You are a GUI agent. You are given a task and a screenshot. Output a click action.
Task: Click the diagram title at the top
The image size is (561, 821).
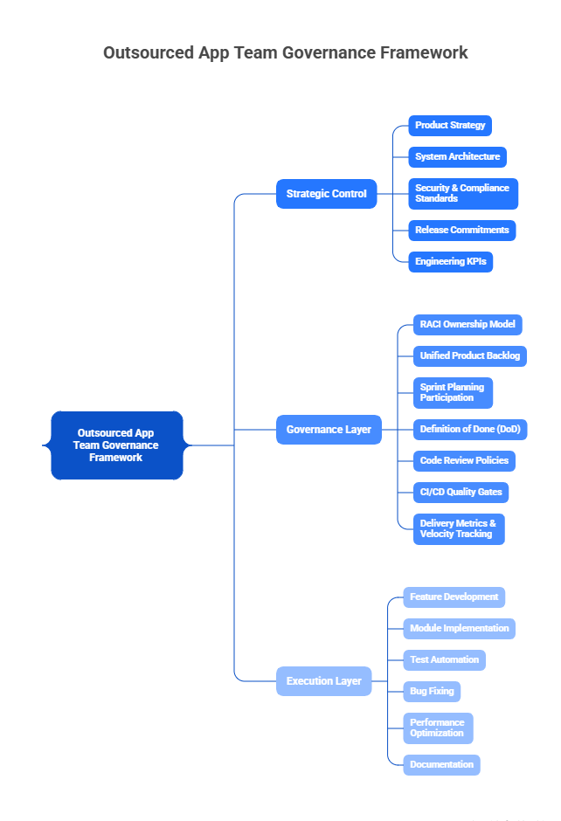coord(285,52)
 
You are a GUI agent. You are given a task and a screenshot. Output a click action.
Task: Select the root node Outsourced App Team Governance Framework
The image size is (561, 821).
coord(117,445)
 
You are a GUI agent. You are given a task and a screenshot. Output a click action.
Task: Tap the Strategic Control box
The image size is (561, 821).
coord(326,194)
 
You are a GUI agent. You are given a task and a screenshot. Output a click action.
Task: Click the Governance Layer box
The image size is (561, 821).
coord(329,430)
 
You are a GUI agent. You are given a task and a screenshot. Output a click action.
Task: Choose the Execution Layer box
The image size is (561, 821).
coord(323,681)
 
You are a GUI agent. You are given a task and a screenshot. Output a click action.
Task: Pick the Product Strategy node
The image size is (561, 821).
coord(450,126)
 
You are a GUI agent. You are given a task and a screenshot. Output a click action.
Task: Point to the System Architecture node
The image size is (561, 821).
coord(457,157)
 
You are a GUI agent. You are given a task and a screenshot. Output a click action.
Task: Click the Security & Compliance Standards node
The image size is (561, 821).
coord(463,194)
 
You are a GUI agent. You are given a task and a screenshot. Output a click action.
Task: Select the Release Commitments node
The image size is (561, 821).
coord(461,231)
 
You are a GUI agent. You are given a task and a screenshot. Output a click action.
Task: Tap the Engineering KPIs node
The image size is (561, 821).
coord(450,262)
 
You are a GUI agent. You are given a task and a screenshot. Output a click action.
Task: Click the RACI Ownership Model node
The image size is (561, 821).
coord(467,325)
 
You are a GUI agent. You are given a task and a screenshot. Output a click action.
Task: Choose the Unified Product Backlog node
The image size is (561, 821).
coord(469,356)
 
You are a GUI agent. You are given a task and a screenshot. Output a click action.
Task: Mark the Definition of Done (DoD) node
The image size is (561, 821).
coord(469,430)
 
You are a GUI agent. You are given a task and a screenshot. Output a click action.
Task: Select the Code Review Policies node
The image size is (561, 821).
coord(464,461)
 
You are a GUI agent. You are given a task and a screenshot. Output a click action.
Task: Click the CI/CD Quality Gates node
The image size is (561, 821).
coord(461,493)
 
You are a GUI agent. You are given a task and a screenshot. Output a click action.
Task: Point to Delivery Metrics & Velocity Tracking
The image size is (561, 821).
coord(459,529)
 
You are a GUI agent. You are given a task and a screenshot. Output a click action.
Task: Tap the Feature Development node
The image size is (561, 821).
coord(454,597)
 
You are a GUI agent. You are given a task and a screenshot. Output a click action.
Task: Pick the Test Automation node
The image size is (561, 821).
coord(444,660)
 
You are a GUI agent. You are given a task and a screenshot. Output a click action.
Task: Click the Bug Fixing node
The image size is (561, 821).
coord(432,692)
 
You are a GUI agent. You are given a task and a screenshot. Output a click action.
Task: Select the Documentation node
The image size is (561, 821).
coord(441,765)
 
